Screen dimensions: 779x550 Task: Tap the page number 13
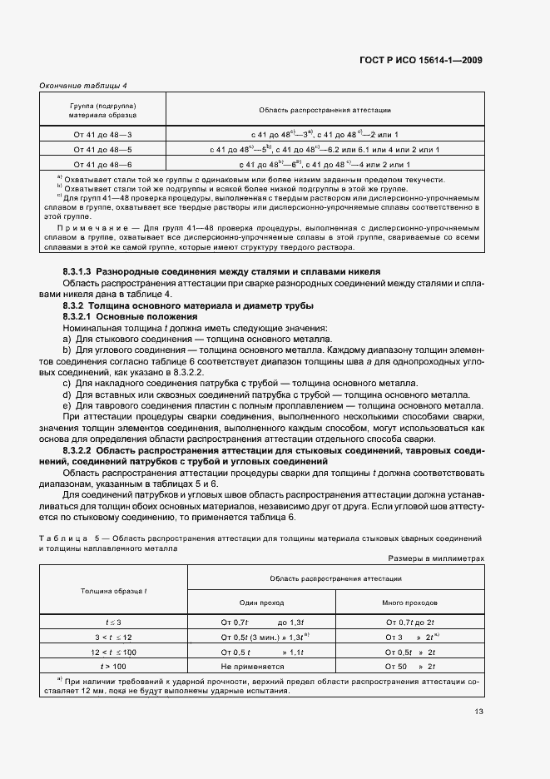point(478,712)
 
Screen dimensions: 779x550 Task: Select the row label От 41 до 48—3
point(103,134)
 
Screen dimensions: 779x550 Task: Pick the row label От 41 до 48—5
point(103,149)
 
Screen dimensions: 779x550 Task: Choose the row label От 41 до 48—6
point(103,164)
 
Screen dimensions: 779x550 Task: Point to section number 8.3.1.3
point(79,272)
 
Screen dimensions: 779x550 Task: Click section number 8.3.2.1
point(79,317)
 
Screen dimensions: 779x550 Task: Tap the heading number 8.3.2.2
point(79,450)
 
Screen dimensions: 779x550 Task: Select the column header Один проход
point(261,602)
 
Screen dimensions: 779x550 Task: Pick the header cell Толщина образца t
point(114,590)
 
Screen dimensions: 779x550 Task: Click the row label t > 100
point(113,667)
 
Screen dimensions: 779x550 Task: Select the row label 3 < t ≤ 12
point(113,637)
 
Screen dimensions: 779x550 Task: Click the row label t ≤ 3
point(113,622)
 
